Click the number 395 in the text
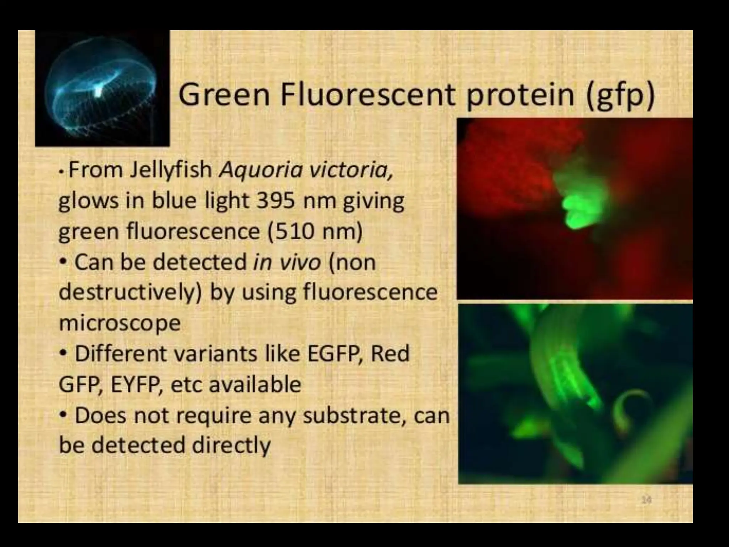tap(276, 200)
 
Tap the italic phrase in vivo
tap(287, 262)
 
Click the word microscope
tap(120, 323)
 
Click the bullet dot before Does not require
tap(63, 415)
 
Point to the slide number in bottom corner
tap(646, 500)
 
